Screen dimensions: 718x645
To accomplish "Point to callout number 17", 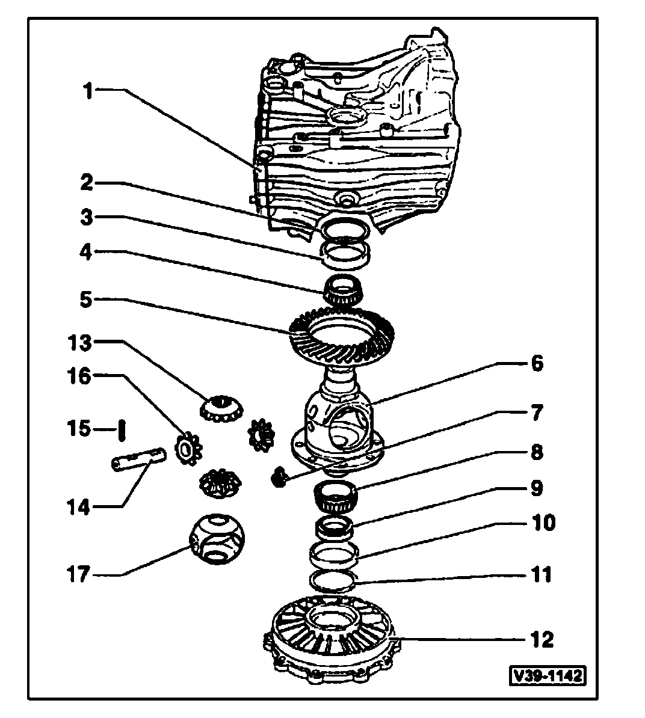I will pyautogui.click(x=78, y=574).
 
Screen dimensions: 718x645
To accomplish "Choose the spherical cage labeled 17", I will pyautogui.click(x=218, y=538).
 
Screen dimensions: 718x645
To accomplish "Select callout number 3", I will pyautogui.click(x=88, y=217).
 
